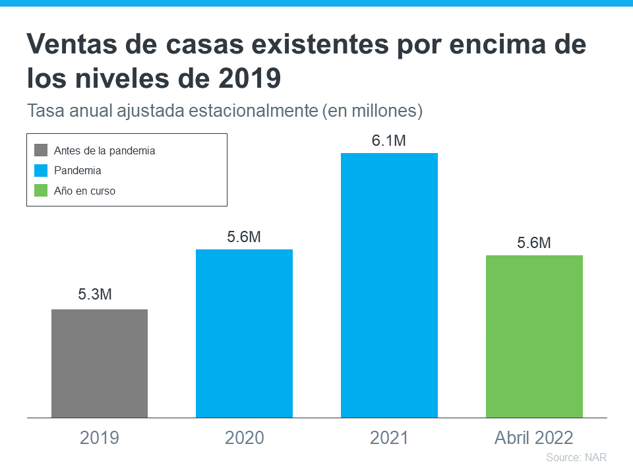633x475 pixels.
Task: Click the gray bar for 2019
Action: [x=100, y=364]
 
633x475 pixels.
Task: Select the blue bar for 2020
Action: [x=245, y=333]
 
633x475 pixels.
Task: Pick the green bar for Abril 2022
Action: [x=534, y=336]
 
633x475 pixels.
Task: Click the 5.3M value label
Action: [x=95, y=295]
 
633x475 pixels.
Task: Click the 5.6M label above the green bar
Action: [x=534, y=243]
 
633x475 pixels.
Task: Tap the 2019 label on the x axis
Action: [x=100, y=437]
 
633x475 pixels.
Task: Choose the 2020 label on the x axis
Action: [x=245, y=437]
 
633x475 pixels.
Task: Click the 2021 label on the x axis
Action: [x=389, y=437]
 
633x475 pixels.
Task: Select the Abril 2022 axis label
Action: [x=534, y=437]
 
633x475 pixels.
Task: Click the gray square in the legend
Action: [x=41, y=150]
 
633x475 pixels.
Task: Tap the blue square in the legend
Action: [x=41, y=171]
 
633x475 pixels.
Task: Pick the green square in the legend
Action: [x=41, y=191]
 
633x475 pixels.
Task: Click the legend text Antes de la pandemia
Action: [x=105, y=150]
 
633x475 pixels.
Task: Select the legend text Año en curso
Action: [x=84, y=191]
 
